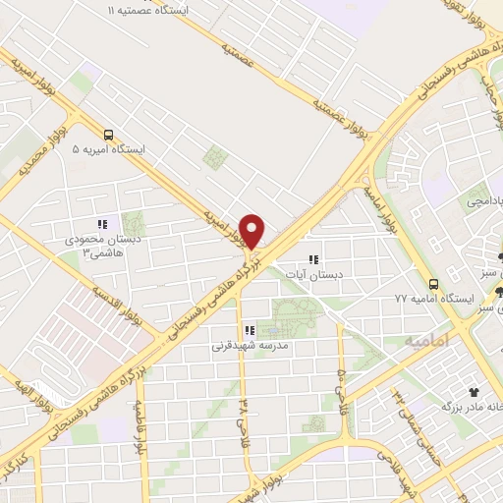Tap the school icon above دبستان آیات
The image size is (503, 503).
(x=313, y=259)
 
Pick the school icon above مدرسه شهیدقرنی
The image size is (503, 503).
(x=250, y=330)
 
